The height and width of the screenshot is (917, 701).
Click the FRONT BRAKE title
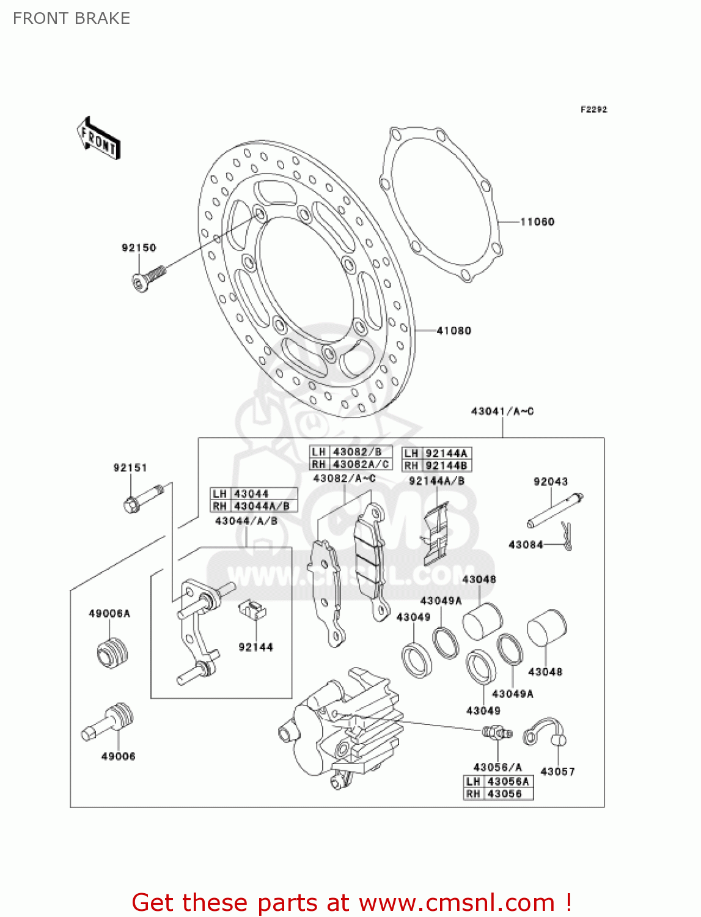[x=72, y=18]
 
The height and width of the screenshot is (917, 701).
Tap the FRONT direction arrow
[x=98, y=139]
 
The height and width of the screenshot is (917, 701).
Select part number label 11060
[x=537, y=222]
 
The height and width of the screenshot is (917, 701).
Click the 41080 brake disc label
[x=453, y=331]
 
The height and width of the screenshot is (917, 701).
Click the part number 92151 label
[x=130, y=468]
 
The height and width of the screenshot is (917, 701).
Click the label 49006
[x=118, y=756]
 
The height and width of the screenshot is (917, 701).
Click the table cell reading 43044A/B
[x=262, y=506]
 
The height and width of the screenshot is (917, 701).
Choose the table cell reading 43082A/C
[x=361, y=465]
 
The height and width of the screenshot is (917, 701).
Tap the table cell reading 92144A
[x=446, y=453]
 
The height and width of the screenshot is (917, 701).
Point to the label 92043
[x=551, y=482]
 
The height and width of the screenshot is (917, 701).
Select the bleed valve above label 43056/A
[x=496, y=732]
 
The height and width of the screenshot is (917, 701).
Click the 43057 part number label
[x=557, y=772]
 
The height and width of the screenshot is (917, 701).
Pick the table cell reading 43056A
[x=508, y=781]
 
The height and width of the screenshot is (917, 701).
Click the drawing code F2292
[x=593, y=109]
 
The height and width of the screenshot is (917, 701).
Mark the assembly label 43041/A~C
[x=502, y=411]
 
